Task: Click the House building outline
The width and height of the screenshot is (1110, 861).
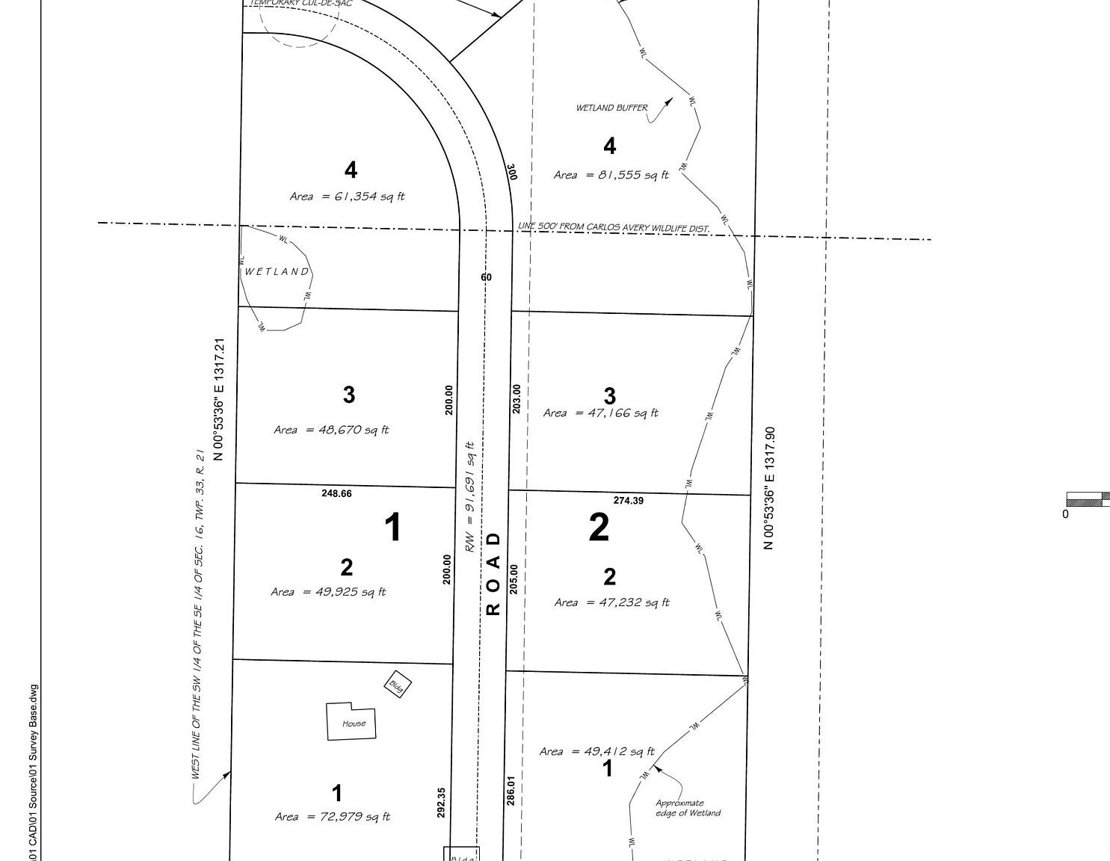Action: [351, 722]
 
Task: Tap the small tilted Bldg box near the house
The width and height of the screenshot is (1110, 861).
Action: [398, 685]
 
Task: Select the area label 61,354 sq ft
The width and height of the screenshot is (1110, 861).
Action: [347, 197]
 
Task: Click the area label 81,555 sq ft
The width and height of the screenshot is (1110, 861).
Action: [611, 175]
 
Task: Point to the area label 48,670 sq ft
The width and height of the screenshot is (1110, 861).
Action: [331, 430]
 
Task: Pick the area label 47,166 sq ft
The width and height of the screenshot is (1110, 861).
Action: [601, 413]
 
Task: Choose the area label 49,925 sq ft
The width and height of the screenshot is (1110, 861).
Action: [328, 592]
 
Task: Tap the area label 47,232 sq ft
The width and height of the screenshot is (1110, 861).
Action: [612, 602]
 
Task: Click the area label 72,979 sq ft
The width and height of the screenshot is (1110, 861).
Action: [333, 817]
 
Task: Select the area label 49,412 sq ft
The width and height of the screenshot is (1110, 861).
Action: [596, 751]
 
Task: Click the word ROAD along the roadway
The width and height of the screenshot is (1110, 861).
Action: [493, 573]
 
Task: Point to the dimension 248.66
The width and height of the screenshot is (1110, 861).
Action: [336, 493]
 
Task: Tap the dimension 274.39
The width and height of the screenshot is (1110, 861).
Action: [628, 501]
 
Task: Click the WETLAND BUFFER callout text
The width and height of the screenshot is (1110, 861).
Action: [611, 108]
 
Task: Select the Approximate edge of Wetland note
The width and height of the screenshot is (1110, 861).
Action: [688, 808]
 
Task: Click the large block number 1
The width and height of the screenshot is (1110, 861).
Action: [392, 528]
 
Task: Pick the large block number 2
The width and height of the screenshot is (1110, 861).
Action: [599, 528]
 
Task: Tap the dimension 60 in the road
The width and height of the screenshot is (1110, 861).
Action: [487, 277]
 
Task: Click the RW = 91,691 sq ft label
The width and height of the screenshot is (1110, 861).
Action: [470, 497]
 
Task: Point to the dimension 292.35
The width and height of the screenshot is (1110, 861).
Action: [441, 802]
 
